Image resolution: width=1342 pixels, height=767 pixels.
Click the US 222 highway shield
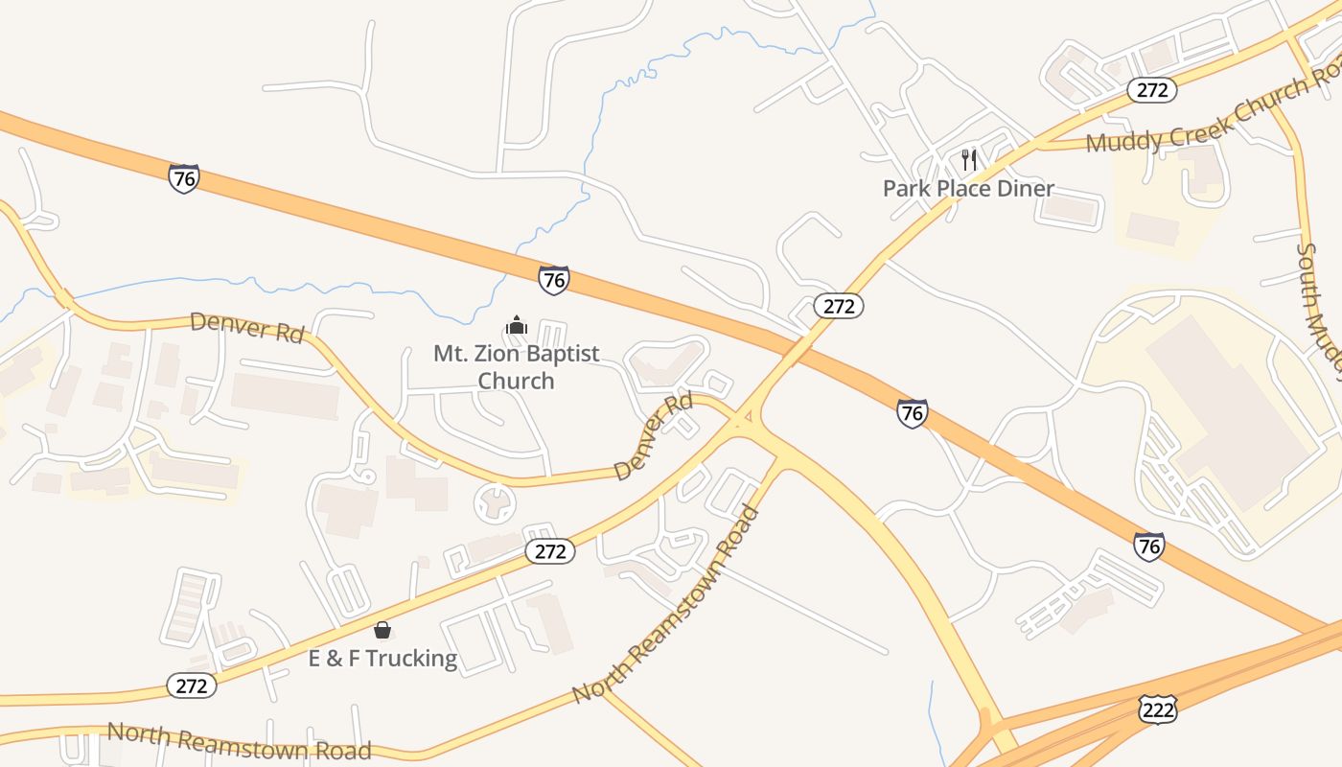coord(1157,709)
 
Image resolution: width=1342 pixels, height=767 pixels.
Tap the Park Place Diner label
coord(968,188)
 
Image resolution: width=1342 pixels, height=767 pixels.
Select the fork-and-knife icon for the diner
coord(969,159)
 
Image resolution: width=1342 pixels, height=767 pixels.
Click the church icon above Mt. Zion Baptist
coord(517,325)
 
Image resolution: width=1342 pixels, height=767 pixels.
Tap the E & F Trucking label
coord(382,658)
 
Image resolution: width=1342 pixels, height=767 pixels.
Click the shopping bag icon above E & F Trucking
coord(382,630)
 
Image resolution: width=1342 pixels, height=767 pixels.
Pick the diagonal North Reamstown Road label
coord(666,604)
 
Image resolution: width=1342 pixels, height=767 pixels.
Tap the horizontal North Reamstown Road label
coord(239,740)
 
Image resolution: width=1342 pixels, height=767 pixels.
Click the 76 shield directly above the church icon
coord(554,279)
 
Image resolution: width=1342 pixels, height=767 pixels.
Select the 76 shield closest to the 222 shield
coord(1148,546)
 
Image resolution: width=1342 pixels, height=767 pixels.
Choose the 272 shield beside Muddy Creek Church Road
coord(1151,90)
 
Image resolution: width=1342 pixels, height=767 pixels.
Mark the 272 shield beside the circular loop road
coord(550,551)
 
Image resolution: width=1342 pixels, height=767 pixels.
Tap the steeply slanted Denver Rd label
coord(654,436)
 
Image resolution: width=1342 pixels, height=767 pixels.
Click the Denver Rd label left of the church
coord(247,327)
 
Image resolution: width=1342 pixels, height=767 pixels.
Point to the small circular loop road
coord(496,502)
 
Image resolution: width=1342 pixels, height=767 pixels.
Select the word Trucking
coord(410,658)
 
